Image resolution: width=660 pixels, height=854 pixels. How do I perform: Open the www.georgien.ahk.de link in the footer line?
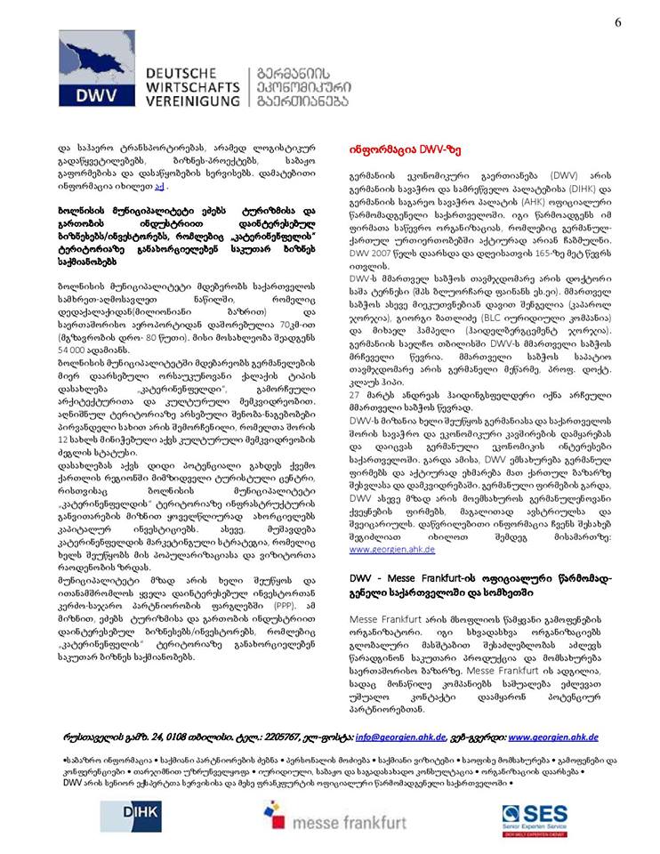pos(553,737)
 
